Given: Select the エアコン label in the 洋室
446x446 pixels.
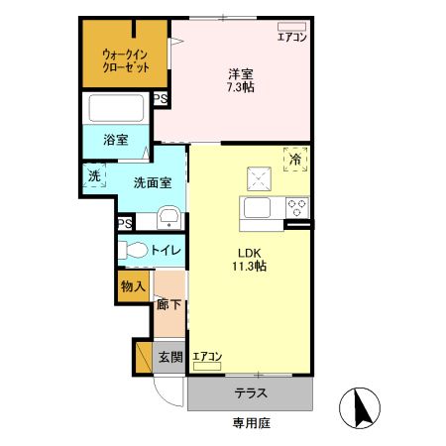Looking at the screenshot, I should point(291,37).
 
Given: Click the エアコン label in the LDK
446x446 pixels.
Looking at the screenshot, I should point(207,356).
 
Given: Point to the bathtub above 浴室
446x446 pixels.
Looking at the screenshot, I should point(117,108).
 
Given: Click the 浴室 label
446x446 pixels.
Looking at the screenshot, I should point(116,140).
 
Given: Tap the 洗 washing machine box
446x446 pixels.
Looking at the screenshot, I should point(94,176).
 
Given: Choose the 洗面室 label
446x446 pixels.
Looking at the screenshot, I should point(153,181).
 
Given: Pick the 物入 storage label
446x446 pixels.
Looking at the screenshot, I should point(134,286).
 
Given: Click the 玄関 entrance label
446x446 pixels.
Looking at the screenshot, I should point(170,357).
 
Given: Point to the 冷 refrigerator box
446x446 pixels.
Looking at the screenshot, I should point(294,157).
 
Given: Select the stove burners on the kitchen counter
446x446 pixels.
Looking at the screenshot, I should point(296,208).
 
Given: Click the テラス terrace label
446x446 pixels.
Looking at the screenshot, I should point(250,392).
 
